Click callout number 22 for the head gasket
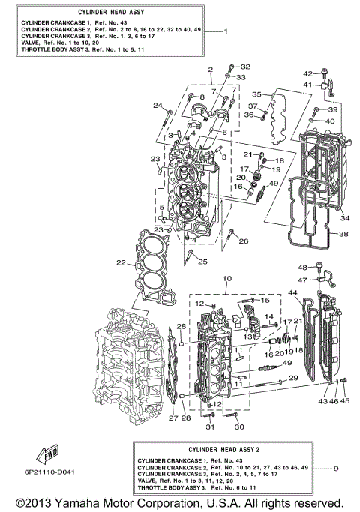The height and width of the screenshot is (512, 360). pos(121,262)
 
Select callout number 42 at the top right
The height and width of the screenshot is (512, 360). pos(307,73)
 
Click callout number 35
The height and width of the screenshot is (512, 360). pos(256,95)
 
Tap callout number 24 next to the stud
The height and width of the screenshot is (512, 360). pos(158,105)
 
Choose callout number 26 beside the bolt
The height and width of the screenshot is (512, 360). pos(243,241)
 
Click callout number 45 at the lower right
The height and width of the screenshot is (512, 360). pos(346,401)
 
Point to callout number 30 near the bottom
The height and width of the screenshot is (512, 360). pos(239,427)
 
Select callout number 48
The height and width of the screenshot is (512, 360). pos(303,268)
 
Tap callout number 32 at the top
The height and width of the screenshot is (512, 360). pos(244,67)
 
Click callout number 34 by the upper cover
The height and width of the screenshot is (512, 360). pos(344,219)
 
